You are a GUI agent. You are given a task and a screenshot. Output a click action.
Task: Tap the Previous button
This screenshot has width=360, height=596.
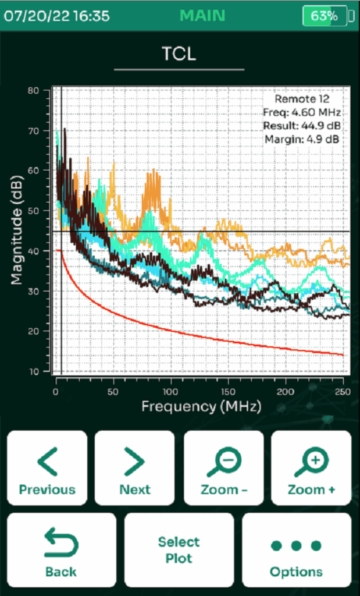pos(47,468)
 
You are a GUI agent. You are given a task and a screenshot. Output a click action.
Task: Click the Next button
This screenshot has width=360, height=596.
pos(134,468)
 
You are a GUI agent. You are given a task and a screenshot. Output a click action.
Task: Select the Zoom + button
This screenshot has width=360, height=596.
pos(311,468)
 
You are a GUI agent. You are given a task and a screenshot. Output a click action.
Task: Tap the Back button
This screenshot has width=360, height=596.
pos(62,550)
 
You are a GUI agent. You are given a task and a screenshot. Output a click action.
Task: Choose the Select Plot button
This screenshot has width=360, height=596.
pos(179,550)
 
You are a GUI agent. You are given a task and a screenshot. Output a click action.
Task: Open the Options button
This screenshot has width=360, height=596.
pos(297,550)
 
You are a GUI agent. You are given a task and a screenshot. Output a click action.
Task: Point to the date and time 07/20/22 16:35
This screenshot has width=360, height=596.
pos(56,16)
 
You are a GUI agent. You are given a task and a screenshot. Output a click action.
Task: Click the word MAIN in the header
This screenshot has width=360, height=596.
pos(202,16)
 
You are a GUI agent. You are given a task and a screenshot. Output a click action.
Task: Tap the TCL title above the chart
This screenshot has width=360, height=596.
pos(179,54)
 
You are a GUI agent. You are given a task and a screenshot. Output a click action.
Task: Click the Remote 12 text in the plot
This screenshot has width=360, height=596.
pos(302,99)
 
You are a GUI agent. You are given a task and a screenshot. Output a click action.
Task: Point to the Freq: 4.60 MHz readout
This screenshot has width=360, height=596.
pos(302,112)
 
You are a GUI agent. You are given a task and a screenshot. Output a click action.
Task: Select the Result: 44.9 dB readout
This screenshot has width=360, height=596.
pos(302,126)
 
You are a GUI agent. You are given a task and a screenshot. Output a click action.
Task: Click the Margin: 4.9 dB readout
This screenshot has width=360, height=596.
pos(302,139)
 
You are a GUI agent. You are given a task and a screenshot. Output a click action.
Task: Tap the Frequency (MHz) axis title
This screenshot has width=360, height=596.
pos(201,407)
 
